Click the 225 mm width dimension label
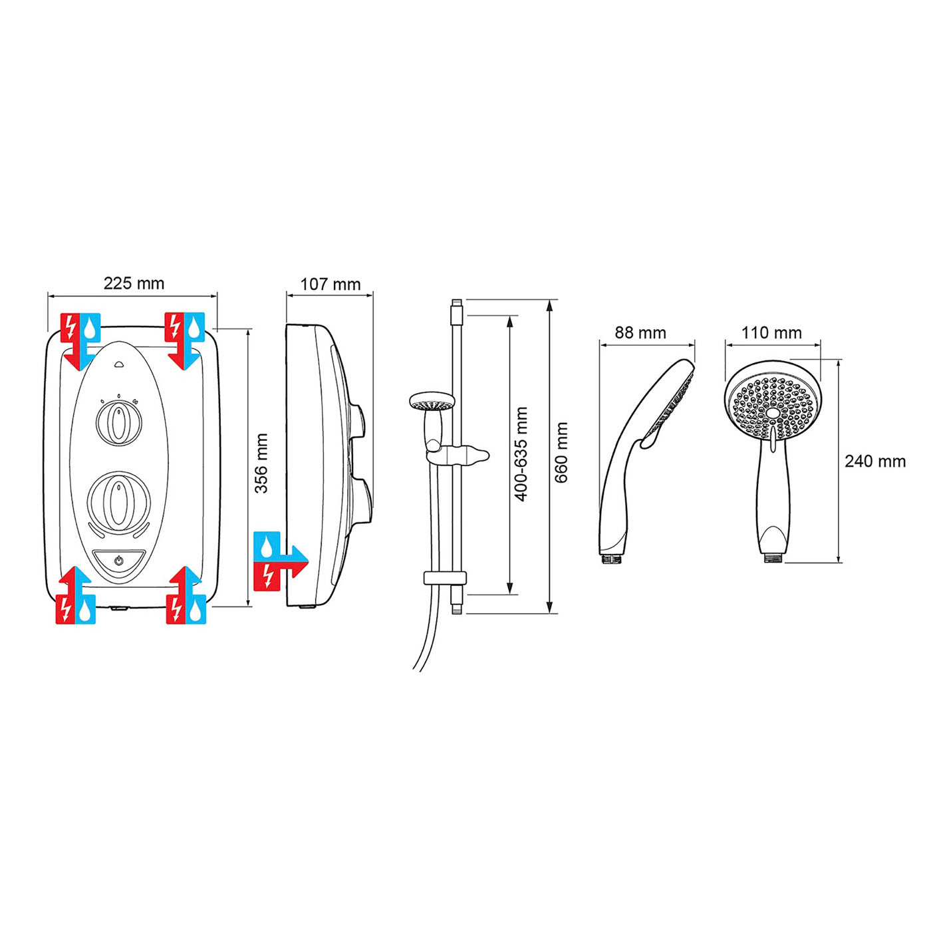click(x=134, y=283)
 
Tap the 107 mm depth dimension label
click(x=330, y=285)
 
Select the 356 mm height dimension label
click(x=262, y=464)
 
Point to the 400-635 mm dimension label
click(x=521, y=454)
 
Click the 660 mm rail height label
click(x=562, y=452)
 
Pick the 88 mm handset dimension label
click(x=640, y=332)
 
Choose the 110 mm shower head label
click(x=771, y=332)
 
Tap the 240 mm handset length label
click(x=875, y=461)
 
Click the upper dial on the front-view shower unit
click(x=118, y=424)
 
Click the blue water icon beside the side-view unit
click(x=267, y=545)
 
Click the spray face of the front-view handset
click(x=772, y=408)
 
